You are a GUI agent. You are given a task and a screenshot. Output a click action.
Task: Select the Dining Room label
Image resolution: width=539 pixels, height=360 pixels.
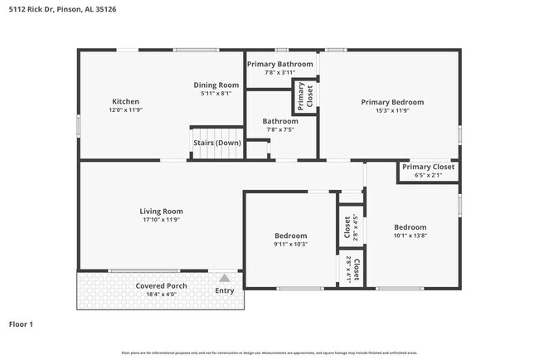pos(216,85)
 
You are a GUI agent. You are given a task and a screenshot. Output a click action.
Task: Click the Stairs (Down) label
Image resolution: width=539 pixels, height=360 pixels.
pos(217,143)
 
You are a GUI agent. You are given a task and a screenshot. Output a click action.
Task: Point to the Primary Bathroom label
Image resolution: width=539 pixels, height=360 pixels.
pos(280,64)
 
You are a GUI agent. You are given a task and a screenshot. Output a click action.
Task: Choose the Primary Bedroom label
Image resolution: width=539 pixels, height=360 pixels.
pos(392,102)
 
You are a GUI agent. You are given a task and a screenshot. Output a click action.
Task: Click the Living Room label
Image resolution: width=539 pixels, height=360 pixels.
pos(161,211)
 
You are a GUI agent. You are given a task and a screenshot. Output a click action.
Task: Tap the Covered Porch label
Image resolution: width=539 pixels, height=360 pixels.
pos(161,286)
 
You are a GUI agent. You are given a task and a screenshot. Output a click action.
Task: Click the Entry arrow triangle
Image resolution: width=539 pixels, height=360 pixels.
pos(224,279)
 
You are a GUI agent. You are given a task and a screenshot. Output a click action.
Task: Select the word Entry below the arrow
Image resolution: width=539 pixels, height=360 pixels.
pos(224,290)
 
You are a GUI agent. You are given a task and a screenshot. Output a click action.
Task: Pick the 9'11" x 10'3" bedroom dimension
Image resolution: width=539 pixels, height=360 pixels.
pos(290,244)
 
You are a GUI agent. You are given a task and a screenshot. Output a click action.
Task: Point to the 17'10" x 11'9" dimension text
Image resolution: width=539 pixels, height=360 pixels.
pos(161,220)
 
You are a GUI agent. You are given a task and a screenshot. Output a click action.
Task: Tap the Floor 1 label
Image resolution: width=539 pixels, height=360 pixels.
pos(21,324)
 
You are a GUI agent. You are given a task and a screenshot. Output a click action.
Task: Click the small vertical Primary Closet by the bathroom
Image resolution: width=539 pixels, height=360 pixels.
pos(304,97)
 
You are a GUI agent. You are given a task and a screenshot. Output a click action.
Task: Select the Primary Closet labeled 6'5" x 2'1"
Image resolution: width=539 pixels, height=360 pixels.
pos(428,171)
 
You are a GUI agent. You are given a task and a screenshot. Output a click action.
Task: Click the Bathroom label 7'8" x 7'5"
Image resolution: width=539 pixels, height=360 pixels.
pos(280,124)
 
